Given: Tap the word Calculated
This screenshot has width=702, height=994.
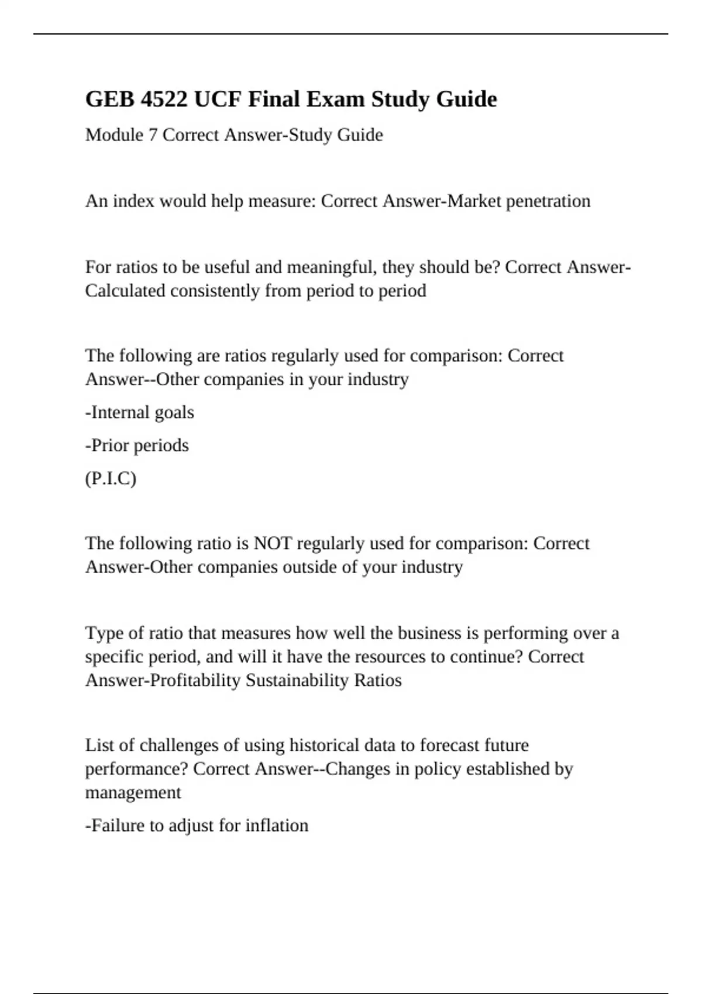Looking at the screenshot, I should [x=125, y=291].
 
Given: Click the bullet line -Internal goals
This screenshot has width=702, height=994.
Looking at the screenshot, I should [x=140, y=412].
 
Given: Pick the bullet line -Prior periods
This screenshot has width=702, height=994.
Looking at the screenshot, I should [x=137, y=446].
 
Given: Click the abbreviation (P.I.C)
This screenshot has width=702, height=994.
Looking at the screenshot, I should [x=111, y=479].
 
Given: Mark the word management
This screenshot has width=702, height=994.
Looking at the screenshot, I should [x=133, y=793].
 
